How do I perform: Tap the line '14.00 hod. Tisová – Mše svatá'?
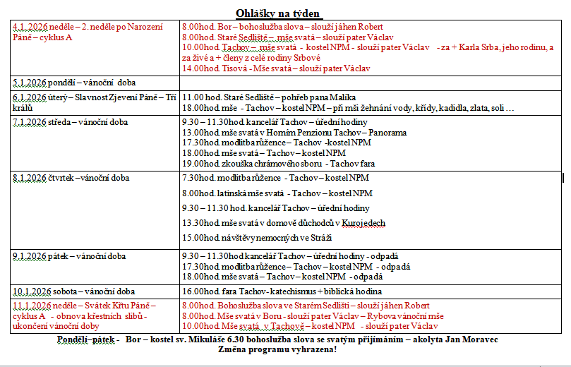pyautogui.click(x=275, y=68)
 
